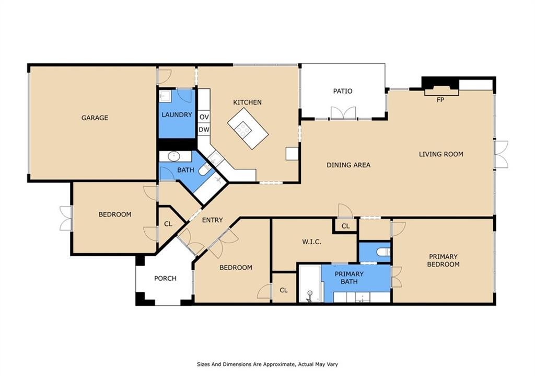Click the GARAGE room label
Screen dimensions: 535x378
click(x=95, y=118)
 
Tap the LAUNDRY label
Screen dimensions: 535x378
click(x=177, y=114)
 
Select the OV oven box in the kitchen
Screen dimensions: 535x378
click(x=204, y=117)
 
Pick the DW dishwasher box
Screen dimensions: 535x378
click(x=204, y=130)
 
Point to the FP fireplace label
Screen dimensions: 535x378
click(x=440, y=100)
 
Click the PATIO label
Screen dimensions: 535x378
click(x=343, y=91)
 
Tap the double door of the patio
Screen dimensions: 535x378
click(x=343, y=113)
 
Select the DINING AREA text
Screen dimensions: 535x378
click(x=348, y=165)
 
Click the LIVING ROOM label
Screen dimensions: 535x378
click(x=441, y=154)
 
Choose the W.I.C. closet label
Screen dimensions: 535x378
click(x=311, y=242)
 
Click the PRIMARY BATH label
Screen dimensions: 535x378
click(x=349, y=278)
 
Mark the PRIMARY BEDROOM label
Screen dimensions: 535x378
click(x=443, y=260)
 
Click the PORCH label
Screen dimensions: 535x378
click(x=165, y=278)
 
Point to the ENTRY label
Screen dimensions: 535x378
click(x=212, y=220)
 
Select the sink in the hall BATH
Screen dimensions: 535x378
click(x=174, y=156)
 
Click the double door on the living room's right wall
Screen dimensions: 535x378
click(x=501, y=154)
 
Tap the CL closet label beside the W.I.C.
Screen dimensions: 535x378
click(x=345, y=226)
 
